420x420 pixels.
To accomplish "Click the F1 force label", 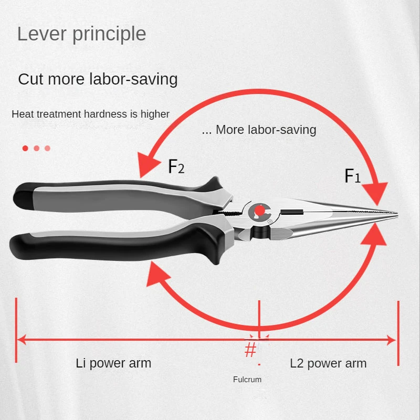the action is [x=352, y=176].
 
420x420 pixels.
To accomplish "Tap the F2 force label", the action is [x=176, y=166].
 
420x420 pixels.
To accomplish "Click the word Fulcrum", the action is [x=247, y=379].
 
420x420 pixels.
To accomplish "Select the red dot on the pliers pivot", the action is [x=259, y=211].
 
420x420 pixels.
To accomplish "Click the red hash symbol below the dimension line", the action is [x=250, y=350].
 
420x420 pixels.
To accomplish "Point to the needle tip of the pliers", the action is [x=397, y=214].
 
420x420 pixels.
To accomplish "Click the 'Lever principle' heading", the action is [x=81, y=34].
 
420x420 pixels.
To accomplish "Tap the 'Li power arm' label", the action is [x=113, y=363].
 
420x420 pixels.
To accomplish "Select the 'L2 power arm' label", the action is [x=328, y=363].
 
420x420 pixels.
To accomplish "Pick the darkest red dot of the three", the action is [x=25, y=148].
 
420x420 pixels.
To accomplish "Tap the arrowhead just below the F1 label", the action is [x=377, y=193].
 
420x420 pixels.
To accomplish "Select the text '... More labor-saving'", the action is [x=259, y=130].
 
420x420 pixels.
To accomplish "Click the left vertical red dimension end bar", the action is [x=16, y=330].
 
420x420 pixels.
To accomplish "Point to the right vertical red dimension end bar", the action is [x=398, y=333].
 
